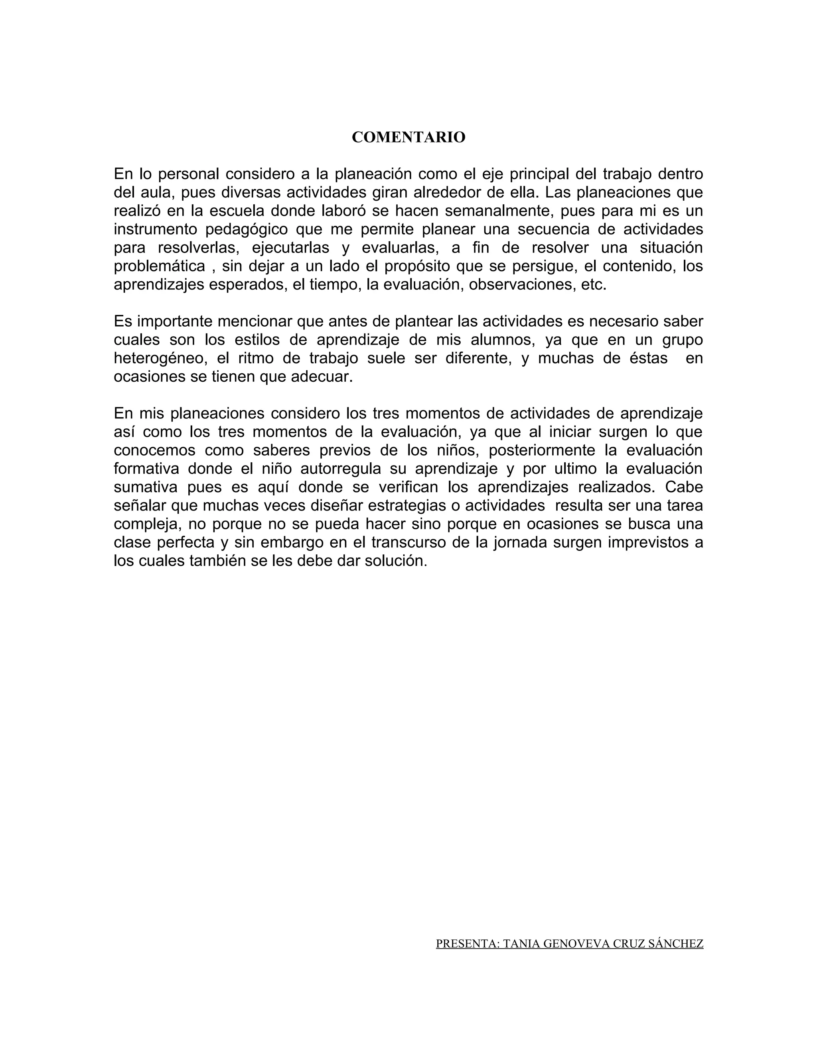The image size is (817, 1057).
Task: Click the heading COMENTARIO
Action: (408, 138)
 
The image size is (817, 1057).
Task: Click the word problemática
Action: (159, 266)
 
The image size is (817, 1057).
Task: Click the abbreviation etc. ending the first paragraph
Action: (593, 284)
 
